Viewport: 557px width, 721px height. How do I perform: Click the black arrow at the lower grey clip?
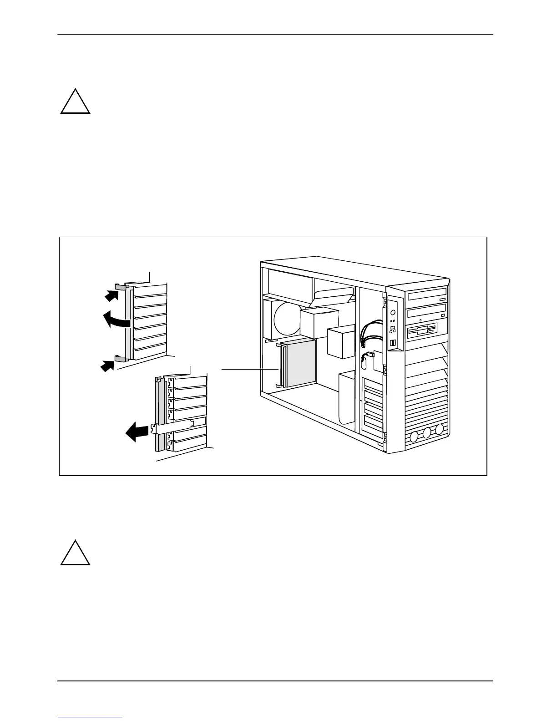pyautogui.click(x=107, y=365)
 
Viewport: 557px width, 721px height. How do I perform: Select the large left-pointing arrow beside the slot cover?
pyautogui.click(x=137, y=431)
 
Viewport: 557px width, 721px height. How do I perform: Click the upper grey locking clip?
pyautogui.click(x=121, y=287)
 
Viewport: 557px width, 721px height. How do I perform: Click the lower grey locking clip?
pyautogui.click(x=120, y=359)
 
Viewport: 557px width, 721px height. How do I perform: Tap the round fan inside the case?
pyautogui.click(x=287, y=319)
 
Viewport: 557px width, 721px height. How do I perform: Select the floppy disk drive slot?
pyautogui.click(x=423, y=330)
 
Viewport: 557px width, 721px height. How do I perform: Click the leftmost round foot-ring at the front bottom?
pyautogui.click(x=415, y=437)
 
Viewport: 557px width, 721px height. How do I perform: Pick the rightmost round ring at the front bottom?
pyautogui.click(x=439, y=429)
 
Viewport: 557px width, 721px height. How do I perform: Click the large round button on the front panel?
pyautogui.click(x=393, y=313)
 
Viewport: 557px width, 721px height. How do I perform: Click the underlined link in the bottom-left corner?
pyautogui.click(x=90, y=718)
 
